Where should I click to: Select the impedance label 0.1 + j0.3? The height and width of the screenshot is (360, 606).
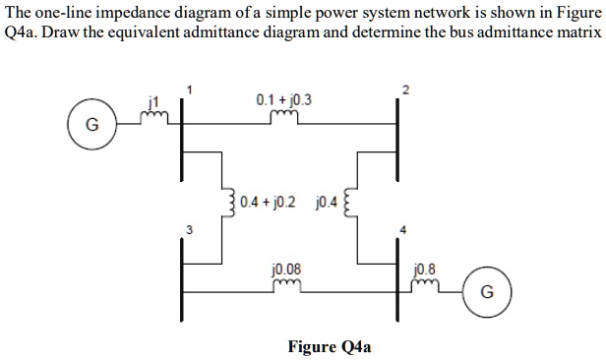[283, 100]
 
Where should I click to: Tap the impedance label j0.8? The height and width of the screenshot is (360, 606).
[425, 268]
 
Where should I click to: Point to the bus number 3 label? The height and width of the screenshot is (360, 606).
[178, 230]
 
